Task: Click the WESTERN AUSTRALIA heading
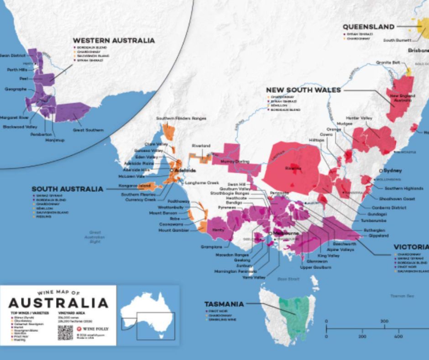pos(114,41)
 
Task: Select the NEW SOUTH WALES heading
pos(303,90)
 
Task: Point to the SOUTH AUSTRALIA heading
pos(67,189)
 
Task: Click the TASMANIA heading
pos(224,304)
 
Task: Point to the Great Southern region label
pos(88,130)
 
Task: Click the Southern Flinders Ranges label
pos(181,118)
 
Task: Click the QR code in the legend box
pos(65,332)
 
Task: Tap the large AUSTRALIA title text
pos(58,303)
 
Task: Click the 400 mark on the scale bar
pos(398,336)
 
